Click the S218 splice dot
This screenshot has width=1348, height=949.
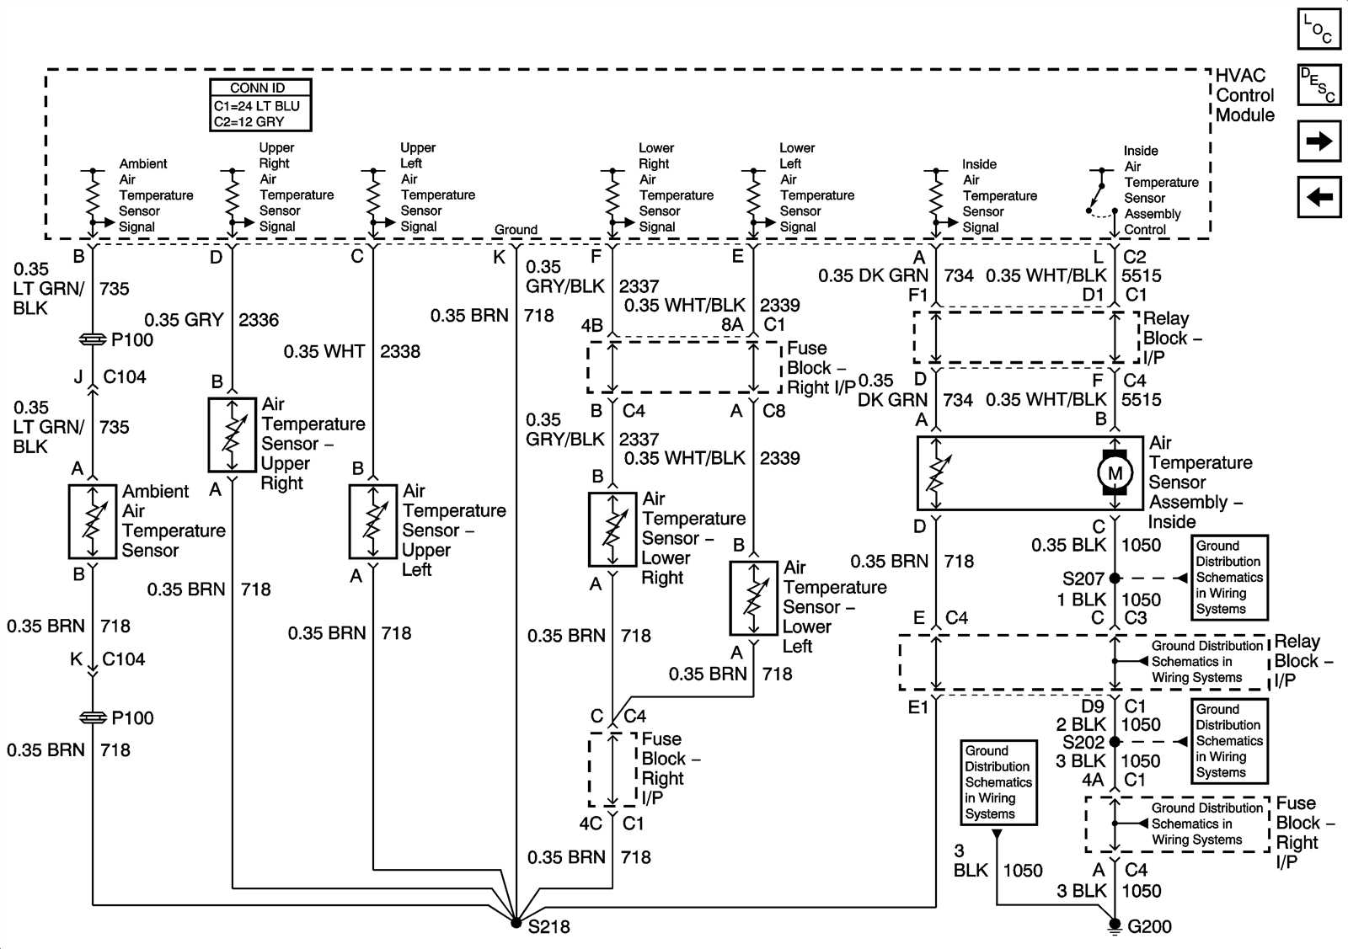[x=516, y=923]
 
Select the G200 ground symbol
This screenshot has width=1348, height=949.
[x=1115, y=926]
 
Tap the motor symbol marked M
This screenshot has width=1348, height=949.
[x=1115, y=472]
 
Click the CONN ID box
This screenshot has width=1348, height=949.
[x=260, y=105]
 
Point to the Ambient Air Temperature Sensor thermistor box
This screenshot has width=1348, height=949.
[x=92, y=521]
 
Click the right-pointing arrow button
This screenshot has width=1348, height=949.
[x=1319, y=141]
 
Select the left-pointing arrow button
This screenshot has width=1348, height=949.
[x=1319, y=198]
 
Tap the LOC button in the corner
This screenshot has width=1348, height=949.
[x=1319, y=28]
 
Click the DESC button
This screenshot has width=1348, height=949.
[x=1319, y=84]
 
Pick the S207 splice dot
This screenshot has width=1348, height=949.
[x=1115, y=578]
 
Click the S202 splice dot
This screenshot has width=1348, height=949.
[x=1115, y=742]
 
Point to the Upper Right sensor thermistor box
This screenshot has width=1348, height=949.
[x=232, y=435]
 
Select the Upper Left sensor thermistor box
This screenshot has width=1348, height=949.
[x=373, y=521]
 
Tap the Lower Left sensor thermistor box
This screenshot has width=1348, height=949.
[x=753, y=598]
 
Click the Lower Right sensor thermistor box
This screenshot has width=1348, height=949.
[x=612, y=529]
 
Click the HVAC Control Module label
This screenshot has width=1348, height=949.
[x=1244, y=95]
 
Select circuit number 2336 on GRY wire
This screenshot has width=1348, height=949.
[x=259, y=320]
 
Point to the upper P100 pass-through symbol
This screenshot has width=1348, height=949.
[x=92, y=339]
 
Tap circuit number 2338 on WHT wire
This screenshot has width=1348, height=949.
[x=400, y=351]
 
